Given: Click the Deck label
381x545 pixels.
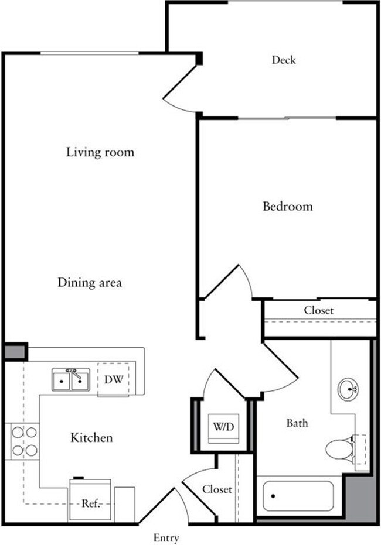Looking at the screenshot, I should [x=284, y=60].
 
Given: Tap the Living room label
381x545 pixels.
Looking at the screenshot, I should [x=100, y=152].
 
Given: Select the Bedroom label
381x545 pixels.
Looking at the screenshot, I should [x=287, y=206].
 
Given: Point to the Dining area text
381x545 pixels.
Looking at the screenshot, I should [x=90, y=283].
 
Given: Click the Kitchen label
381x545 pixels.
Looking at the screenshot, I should [x=91, y=437].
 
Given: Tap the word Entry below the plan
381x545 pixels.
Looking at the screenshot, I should [x=166, y=538].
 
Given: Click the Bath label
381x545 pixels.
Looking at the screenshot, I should [x=297, y=423].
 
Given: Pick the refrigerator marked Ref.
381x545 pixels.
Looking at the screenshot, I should [x=90, y=501].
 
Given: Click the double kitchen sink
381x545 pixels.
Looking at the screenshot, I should [x=70, y=381].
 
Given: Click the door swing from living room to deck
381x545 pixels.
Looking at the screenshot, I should [x=179, y=94].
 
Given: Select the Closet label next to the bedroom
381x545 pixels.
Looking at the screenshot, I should [x=318, y=310].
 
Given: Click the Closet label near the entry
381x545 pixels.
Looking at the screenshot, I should [x=217, y=489].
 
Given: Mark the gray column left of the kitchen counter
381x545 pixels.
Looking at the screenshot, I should [x=15, y=352].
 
